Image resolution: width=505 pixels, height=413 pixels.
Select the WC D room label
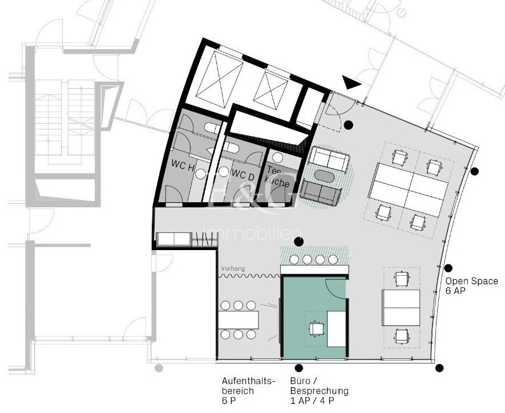tap(242, 175)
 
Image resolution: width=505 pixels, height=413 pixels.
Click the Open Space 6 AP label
tap(471, 286)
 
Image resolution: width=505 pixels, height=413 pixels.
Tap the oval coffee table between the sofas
tap(326, 177)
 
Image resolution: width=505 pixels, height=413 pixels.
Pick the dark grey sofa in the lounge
tap(320, 193)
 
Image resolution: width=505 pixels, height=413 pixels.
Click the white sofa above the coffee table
tap(330, 159)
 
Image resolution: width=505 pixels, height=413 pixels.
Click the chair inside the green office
tap(316, 328)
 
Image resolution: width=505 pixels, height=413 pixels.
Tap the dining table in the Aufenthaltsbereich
tap(239, 320)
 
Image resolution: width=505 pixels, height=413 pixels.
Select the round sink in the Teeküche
tap(277, 157)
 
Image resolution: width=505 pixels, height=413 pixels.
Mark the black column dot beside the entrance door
tap(348, 124)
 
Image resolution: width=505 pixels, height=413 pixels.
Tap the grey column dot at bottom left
tap(159, 368)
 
